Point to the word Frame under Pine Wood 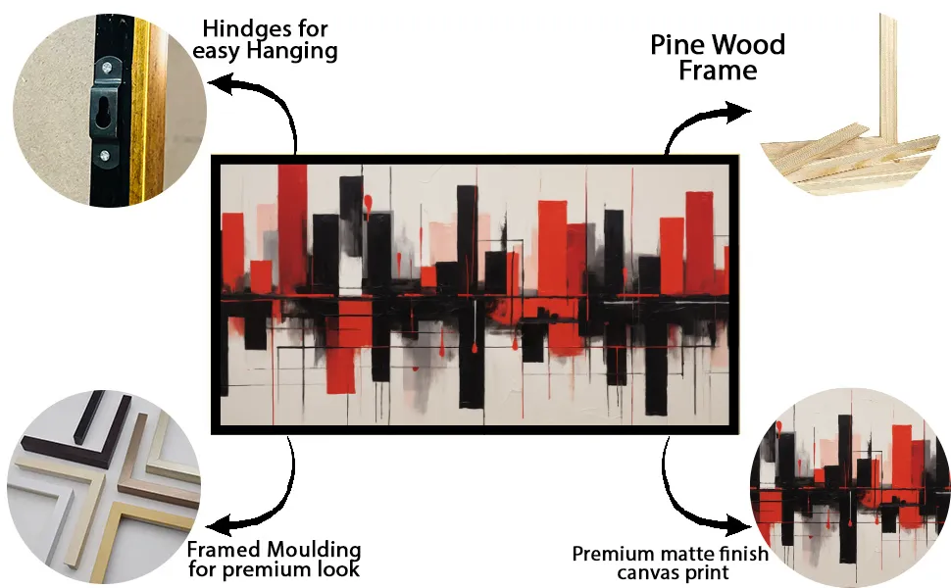coord(718,71)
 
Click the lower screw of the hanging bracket coord(105,156)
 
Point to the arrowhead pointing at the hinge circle coord(220,84)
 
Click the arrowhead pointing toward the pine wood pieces coord(738,112)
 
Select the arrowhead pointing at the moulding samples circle coord(219,523)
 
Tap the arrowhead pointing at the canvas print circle coord(738,525)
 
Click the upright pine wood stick coord(888,78)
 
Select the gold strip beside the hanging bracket coord(140,112)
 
